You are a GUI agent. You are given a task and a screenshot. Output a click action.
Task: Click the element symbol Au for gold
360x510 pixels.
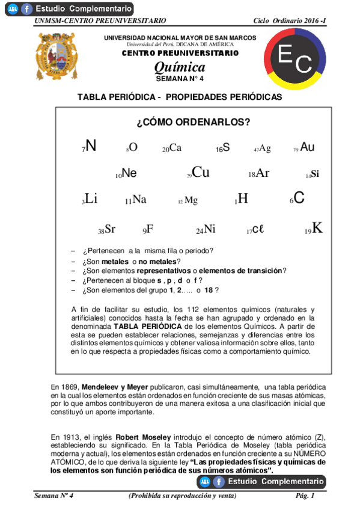coord(307,147)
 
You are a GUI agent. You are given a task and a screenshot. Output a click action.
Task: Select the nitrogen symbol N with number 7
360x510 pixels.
coord(90,146)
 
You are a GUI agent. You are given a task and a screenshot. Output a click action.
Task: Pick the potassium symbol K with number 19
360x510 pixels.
coord(317,228)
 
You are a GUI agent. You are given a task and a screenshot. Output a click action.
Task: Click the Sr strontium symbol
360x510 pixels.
coord(109,229)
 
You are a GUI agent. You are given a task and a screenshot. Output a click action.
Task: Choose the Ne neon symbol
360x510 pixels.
coord(129,173)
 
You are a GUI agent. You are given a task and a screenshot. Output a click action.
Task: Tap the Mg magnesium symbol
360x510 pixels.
coord(191,201)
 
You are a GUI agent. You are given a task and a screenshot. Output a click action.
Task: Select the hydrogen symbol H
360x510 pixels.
coord(243,198)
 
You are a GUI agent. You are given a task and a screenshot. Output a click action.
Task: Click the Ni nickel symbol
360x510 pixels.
coord(209,229)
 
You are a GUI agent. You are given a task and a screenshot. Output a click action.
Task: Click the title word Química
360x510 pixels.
coord(180,67)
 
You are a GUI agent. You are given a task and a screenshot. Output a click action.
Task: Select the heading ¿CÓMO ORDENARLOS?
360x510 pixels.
coord(193,122)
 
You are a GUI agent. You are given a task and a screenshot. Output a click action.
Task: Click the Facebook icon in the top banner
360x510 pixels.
coord(26,9)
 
